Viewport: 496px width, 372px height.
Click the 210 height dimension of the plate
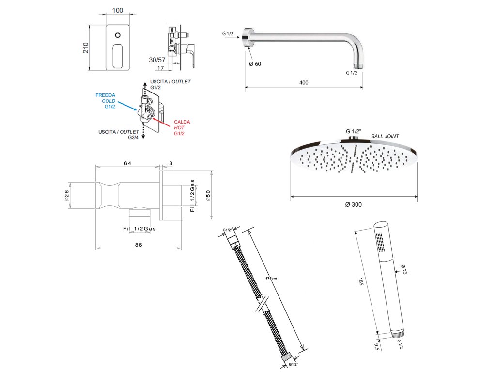[86, 47]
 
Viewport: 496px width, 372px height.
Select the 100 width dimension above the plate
[117, 10]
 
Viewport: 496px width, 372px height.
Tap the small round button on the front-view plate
[117, 35]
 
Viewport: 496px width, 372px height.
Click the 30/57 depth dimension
[158, 59]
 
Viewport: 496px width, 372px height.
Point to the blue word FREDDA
[105, 95]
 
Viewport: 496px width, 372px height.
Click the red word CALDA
[183, 122]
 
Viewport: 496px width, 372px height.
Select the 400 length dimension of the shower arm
[304, 82]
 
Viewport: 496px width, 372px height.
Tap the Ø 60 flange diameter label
[255, 64]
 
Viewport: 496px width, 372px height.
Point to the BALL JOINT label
[385, 136]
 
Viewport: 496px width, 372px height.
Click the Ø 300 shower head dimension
[354, 204]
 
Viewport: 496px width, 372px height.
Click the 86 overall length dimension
[139, 245]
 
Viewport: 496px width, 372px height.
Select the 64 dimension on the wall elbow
[128, 163]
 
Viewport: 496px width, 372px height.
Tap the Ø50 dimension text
[208, 194]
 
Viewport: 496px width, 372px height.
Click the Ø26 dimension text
[67, 195]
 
